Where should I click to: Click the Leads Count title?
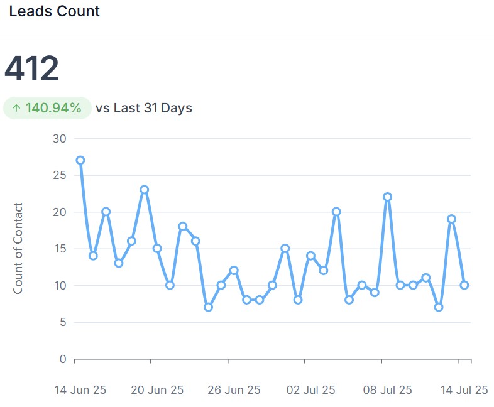pyautogui.click(x=55, y=11)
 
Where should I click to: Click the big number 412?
pyautogui.click(x=31, y=68)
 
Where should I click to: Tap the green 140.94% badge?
pyautogui.click(x=47, y=108)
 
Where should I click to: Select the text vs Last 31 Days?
pyautogui.click(x=144, y=108)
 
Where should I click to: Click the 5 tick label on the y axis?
pyautogui.click(x=62, y=323)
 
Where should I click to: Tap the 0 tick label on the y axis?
pyautogui.click(x=62, y=359)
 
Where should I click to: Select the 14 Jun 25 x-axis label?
pyautogui.click(x=80, y=390)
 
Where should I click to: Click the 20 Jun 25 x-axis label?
pyautogui.click(x=157, y=390)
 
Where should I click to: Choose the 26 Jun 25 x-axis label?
pyautogui.click(x=234, y=390)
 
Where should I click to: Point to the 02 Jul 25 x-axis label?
pyautogui.click(x=310, y=390)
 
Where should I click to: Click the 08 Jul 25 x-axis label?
pyautogui.click(x=387, y=390)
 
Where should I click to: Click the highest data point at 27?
pyautogui.click(x=80, y=160)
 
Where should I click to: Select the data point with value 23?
pyautogui.click(x=144, y=190)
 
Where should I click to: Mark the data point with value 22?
pyautogui.click(x=387, y=197)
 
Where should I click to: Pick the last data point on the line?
pyautogui.click(x=464, y=285)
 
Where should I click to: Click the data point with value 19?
pyautogui.click(x=451, y=219)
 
